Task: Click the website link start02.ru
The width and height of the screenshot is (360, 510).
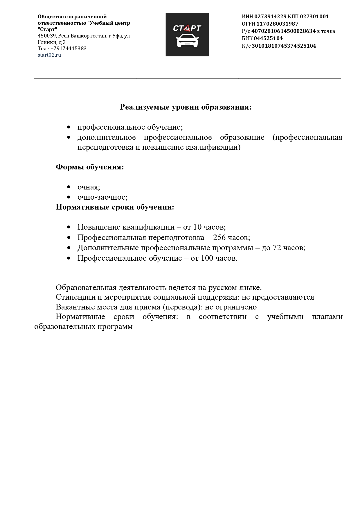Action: pos(49,55)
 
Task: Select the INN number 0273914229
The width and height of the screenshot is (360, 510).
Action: pos(270,17)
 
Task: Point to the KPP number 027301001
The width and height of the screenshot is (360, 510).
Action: pos(314,17)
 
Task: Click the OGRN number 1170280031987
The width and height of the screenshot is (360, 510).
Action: pos(277,24)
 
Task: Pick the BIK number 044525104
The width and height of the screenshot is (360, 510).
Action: pos(268,38)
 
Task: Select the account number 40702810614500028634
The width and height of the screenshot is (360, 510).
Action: pos(283,31)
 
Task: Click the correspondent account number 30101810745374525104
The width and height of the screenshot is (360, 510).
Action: pos(284,46)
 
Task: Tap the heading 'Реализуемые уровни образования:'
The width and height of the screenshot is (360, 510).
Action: pos(186,107)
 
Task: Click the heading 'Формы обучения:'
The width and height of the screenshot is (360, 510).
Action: pos(90,167)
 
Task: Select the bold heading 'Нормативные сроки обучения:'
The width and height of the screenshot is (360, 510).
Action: pos(115,207)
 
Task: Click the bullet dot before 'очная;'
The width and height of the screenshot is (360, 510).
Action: pos(69,187)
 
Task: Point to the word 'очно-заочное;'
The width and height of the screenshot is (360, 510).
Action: pos(102,197)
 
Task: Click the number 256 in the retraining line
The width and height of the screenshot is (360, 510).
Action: pos(219,237)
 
